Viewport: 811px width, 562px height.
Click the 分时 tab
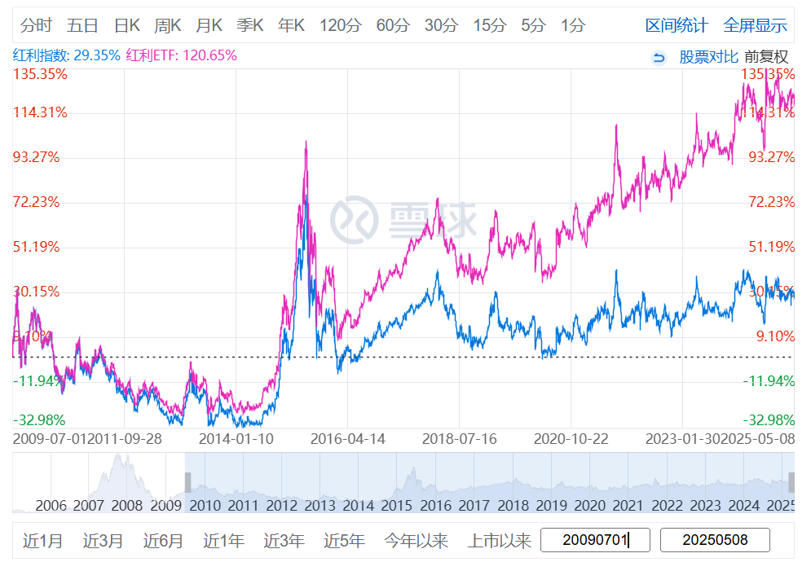(36, 25)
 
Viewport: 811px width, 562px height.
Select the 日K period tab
(126, 25)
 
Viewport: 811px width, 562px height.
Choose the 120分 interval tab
(340, 25)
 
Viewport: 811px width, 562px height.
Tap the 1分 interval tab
(572, 25)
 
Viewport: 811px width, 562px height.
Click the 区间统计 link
(677, 25)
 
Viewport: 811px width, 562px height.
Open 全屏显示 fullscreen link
(755, 25)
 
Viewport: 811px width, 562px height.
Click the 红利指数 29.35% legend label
(66, 55)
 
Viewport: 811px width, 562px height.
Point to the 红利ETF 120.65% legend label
(182, 55)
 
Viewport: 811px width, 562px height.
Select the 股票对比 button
(708, 57)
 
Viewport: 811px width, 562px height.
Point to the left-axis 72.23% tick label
(36, 202)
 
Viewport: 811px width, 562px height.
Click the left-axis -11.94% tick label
(36, 380)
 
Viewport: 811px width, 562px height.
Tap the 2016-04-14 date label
(347, 438)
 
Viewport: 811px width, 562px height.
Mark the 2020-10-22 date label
(571, 438)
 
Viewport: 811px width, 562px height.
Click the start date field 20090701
(595, 540)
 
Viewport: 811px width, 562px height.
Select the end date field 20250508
(715, 540)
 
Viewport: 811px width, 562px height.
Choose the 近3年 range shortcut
(284, 540)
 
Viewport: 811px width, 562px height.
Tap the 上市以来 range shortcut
(498, 540)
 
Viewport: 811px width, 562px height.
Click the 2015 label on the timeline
(396, 505)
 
